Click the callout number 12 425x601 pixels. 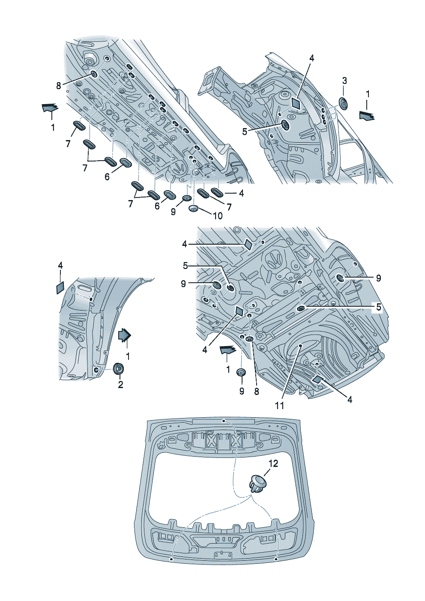(x=273, y=463)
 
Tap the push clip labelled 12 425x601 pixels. (x=257, y=484)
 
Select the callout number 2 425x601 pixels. (x=120, y=385)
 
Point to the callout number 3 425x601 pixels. (x=344, y=81)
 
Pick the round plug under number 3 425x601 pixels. (x=344, y=103)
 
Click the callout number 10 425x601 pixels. (x=218, y=215)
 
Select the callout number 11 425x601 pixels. (x=279, y=405)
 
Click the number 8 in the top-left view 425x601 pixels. (x=59, y=86)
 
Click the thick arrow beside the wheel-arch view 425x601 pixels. (x=125, y=335)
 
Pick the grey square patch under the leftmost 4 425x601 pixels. (x=60, y=287)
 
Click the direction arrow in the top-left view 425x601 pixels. (x=50, y=108)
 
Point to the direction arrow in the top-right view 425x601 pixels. (x=366, y=115)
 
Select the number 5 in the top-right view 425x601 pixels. (x=245, y=132)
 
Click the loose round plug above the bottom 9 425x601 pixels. (x=241, y=372)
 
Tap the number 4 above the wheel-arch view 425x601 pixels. (x=60, y=266)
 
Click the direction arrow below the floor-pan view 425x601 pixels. (x=227, y=350)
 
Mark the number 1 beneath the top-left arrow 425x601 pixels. (x=53, y=127)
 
